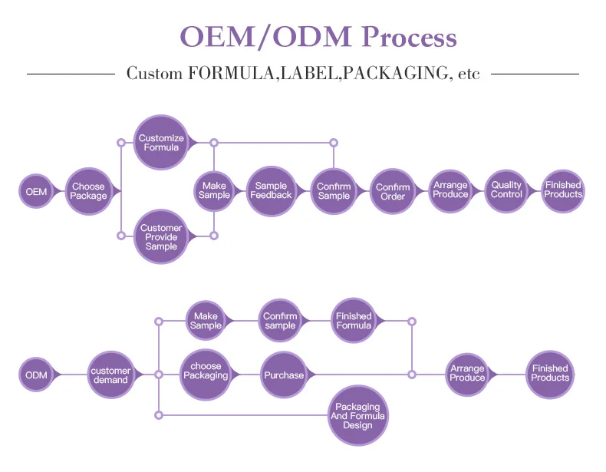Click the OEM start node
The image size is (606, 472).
(x=36, y=191)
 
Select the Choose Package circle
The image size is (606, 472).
(x=88, y=191)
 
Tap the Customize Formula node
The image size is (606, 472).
(x=161, y=142)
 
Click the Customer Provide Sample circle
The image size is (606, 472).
(x=161, y=236)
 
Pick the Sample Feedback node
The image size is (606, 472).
(x=271, y=191)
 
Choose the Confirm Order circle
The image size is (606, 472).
(x=393, y=191)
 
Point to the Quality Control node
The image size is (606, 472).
(x=506, y=190)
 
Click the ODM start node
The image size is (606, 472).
(x=36, y=375)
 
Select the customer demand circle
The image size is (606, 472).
(x=110, y=375)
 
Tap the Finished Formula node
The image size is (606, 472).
(x=354, y=321)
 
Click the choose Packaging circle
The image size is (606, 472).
(x=206, y=375)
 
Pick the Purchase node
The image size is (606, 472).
(x=284, y=375)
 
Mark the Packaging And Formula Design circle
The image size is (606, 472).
(x=358, y=415)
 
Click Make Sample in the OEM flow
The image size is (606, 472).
(x=214, y=191)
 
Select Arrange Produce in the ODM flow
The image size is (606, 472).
(x=467, y=375)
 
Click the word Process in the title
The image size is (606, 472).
(x=410, y=37)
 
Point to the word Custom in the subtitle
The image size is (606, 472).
(x=154, y=73)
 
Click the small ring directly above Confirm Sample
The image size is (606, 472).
(x=334, y=143)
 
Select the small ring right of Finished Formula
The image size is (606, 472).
(x=412, y=322)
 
